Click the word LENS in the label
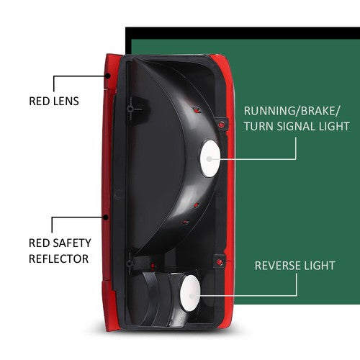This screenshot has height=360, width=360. pos(66,101)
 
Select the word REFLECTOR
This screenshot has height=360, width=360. pos(59,258)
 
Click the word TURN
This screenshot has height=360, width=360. pos(258,127)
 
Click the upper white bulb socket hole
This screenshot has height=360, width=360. pos(210,158)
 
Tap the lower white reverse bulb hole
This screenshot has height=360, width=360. pos(190,293)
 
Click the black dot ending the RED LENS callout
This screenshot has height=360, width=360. pos(108,76)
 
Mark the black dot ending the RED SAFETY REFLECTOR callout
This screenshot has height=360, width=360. pos(106,217)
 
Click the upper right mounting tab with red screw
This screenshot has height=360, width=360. pos(221,124)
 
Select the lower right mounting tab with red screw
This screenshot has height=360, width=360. pos(220,261)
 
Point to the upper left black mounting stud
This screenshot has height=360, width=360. pos(130,109)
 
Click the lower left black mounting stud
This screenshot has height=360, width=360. pos(130,264)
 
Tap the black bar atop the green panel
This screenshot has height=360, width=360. pos(243,33)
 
